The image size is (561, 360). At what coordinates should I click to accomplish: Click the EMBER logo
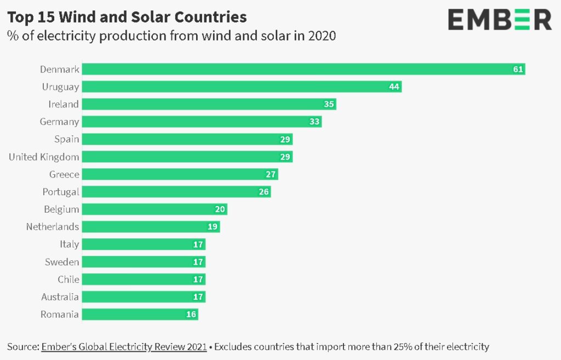coord(500,20)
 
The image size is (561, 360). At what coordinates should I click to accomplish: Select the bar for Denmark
coord(304,69)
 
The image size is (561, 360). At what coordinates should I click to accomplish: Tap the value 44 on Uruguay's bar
coord(394,87)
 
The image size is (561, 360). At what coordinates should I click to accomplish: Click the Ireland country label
coord(64,104)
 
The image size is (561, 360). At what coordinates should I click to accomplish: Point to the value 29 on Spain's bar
coord(285,139)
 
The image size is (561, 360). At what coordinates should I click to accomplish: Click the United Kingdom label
coord(44,157)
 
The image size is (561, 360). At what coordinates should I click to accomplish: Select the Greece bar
coord(180,174)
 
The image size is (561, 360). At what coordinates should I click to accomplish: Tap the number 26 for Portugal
coord(264,192)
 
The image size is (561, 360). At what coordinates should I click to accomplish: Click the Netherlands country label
coord(53,227)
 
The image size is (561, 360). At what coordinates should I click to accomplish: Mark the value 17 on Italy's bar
coord(198,244)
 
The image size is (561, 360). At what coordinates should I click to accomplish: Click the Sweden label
coord(62,262)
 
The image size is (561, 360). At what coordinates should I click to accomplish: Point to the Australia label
coord(60,297)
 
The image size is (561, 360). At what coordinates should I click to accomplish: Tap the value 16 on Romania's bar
coord(191,315)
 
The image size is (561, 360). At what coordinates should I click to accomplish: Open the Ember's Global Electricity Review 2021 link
coord(124,347)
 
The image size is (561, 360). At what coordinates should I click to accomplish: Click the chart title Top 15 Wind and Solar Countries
coord(127,17)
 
